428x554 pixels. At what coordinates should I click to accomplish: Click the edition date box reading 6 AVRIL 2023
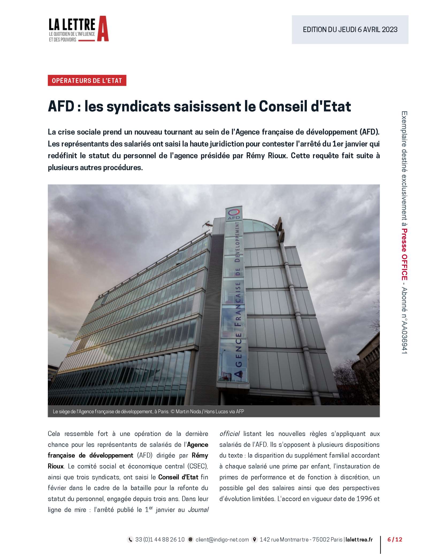coord(350,29)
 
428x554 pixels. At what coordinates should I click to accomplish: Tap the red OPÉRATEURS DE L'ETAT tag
coord(87,81)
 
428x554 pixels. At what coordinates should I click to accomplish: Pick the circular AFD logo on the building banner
coord(234,213)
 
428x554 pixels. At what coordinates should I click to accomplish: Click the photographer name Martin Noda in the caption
coord(188,411)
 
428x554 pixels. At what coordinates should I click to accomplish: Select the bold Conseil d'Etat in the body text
coord(178,477)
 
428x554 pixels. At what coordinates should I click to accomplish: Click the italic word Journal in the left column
coord(198,510)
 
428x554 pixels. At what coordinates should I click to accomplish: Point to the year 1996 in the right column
coord(364,499)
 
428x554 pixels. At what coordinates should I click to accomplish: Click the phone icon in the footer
coord(130,540)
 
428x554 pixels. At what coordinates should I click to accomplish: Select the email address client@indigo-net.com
coord(222,540)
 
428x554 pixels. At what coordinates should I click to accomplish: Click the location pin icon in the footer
coord(255,540)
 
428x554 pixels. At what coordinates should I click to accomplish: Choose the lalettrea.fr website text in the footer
coord(359,540)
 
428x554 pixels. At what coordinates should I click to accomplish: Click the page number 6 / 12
coord(395,540)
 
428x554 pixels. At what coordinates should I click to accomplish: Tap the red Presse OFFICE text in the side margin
coord(404,254)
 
